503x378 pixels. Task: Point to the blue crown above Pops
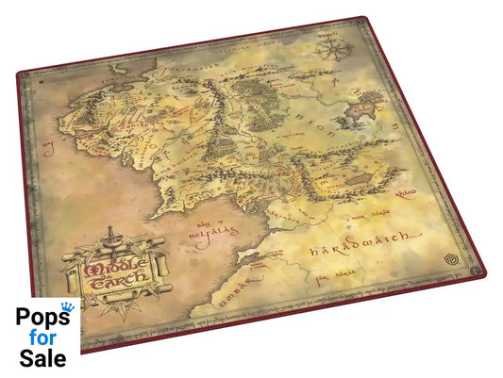tap(66, 308)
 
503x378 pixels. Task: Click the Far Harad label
tap(333, 277)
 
